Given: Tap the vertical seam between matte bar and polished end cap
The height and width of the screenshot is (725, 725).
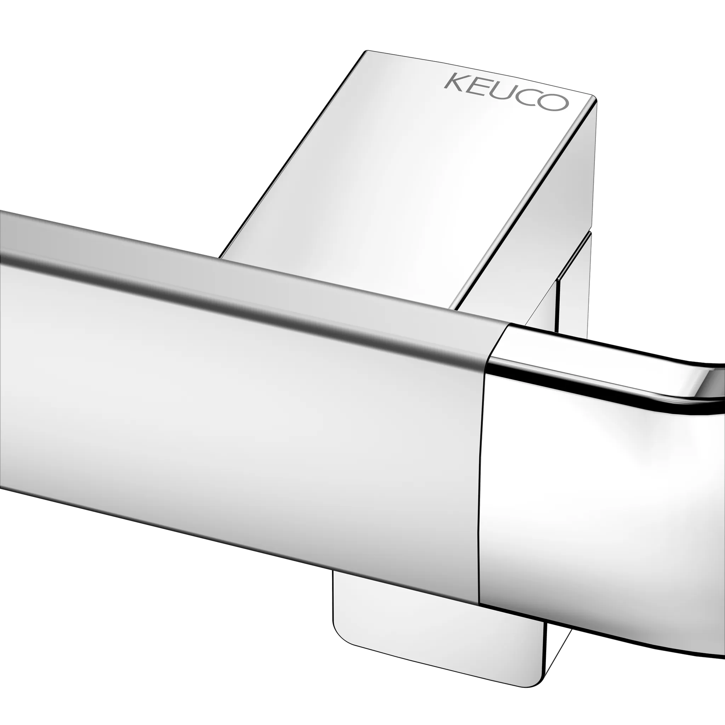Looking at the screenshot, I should pos(481,469).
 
